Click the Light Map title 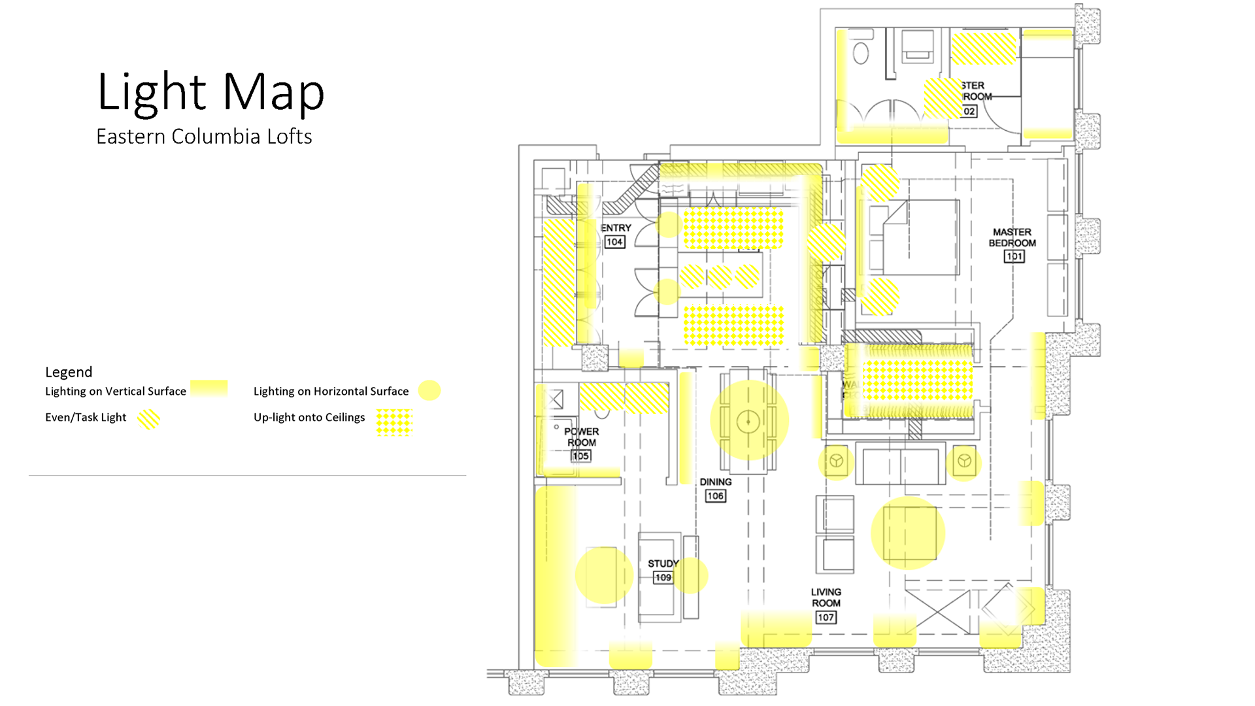click(210, 92)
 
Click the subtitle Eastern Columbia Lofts click(204, 137)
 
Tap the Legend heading click(69, 372)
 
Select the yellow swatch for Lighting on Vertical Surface click(209, 388)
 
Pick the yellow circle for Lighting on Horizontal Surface click(429, 390)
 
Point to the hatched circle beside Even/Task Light click(149, 419)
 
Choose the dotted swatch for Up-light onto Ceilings click(394, 422)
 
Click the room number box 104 click(614, 242)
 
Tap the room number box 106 click(715, 496)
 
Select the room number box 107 click(826, 617)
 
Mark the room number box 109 click(663, 577)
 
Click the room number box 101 click(1014, 256)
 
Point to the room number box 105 click(580, 456)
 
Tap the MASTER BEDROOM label click(1012, 237)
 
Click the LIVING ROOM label click(826, 597)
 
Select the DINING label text click(716, 482)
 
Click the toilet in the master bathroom click(861, 52)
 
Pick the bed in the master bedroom click(915, 237)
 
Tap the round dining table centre click(748, 422)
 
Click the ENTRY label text click(616, 228)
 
